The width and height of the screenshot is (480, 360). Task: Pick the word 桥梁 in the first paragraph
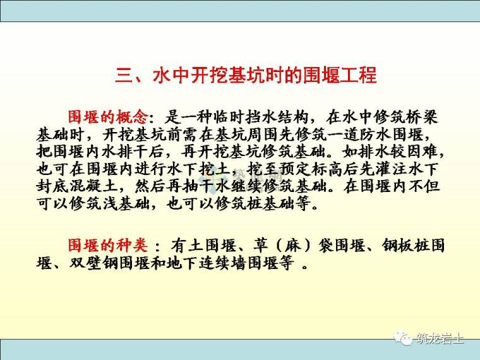point(423,117)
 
